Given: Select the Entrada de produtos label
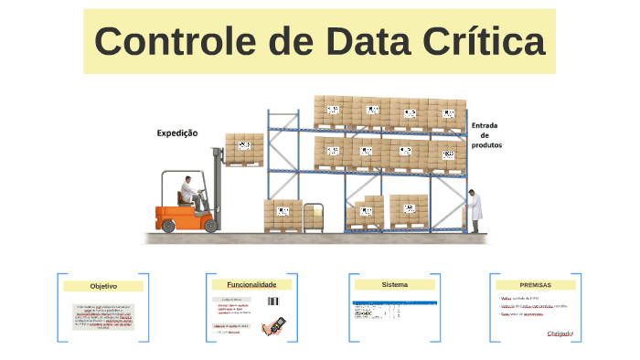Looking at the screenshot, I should coord(486,135).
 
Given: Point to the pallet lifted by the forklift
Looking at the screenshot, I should coord(244,149).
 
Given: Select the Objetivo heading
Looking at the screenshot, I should coord(103,286).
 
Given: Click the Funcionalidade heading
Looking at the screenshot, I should coord(251,284).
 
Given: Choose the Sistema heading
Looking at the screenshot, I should coord(395,284).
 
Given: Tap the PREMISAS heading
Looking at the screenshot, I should coord(536,284).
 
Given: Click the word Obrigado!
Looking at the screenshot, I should coord(560,334).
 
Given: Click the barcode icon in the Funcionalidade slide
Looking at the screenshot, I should coord(273,301).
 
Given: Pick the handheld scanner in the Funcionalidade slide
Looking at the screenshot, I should coord(273,324).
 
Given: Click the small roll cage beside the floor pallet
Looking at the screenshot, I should coord(314,216).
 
